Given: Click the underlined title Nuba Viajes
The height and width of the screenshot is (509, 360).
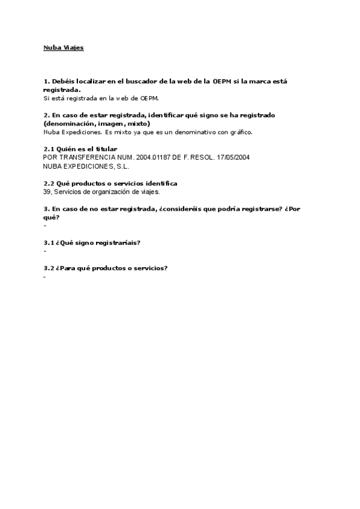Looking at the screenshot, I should pos(64,47).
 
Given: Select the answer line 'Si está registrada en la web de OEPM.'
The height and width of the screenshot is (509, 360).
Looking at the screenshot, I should pos(101,98).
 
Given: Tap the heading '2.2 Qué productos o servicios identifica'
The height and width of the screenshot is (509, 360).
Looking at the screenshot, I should pos(110,182).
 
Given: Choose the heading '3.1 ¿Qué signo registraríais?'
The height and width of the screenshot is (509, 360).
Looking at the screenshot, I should pos(92,242).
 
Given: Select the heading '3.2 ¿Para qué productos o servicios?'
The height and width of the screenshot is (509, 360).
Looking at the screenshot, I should pos(106,268).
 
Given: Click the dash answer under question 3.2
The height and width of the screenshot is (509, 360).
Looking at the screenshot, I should pos(45,277).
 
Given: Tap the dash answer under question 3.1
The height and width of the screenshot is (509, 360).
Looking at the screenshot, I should pos(45,251).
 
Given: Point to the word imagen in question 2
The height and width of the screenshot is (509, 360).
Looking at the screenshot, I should pos(107,123).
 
